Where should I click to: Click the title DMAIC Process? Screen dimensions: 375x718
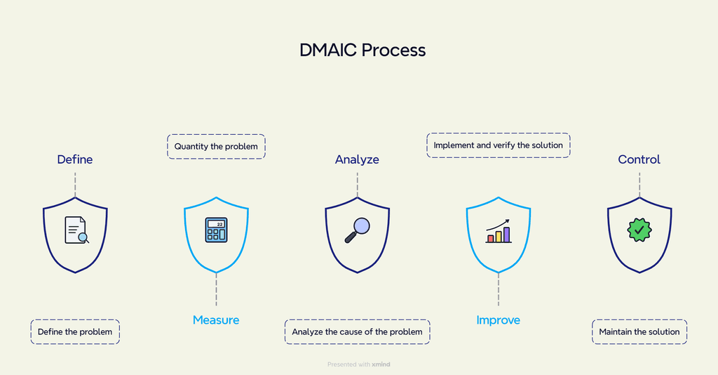(x=362, y=51)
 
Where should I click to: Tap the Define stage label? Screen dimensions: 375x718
(x=74, y=159)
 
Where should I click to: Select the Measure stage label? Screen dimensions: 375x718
(x=216, y=320)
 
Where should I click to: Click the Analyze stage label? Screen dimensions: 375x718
(x=357, y=159)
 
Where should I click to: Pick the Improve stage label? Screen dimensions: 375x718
(x=498, y=320)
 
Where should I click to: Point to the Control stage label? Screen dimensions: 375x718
(x=639, y=159)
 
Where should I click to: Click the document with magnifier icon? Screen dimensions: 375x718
(x=76, y=230)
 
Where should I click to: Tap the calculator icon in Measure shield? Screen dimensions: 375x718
(x=216, y=230)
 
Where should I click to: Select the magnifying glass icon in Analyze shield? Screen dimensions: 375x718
(x=357, y=230)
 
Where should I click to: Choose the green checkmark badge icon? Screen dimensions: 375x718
(x=639, y=230)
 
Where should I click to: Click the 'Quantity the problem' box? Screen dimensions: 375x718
(x=216, y=146)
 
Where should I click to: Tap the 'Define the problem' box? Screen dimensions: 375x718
(x=75, y=331)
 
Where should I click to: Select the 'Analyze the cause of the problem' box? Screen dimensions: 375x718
(x=357, y=331)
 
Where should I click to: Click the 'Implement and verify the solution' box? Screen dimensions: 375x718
(x=498, y=145)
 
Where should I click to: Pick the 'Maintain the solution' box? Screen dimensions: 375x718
(x=639, y=331)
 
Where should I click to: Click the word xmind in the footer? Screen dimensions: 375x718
(x=381, y=364)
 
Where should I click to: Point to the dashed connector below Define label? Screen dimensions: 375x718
(x=75, y=183)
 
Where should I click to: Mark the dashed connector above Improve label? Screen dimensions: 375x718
(x=498, y=289)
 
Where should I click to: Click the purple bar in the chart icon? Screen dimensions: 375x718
(x=506, y=235)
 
